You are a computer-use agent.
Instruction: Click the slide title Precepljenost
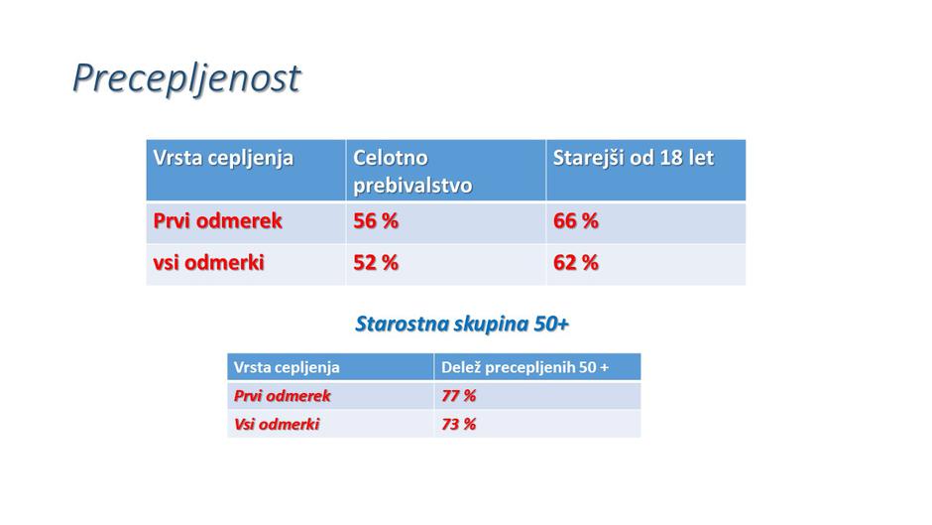click(x=185, y=78)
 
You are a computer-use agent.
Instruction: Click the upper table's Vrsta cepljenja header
click(x=223, y=159)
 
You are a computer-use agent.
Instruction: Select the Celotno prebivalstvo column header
click(x=412, y=172)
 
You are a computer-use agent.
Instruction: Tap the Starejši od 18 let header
click(x=633, y=159)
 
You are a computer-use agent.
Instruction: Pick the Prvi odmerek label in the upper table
click(x=217, y=221)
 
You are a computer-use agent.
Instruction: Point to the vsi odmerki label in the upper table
click(x=208, y=264)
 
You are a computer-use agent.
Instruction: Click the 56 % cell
click(x=376, y=221)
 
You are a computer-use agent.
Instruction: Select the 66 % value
click(x=575, y=221)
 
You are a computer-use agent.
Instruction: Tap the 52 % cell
click(x=376, y=264)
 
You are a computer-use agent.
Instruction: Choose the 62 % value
click(x=575, y=264)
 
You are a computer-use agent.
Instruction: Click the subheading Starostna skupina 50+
click(x=462, y=325)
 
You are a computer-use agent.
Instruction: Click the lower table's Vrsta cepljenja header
click(x=287, y=367)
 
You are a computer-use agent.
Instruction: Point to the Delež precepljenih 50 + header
click(x=524, y=367)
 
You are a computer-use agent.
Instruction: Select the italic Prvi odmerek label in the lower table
click(x=282, y=396)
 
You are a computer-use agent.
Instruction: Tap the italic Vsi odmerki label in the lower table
click(x=277, y=424)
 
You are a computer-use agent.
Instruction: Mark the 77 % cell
click(x=458, y=396)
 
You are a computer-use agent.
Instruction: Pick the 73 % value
click(x=458, y=424)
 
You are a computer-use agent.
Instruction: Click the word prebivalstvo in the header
click(x=412, y=186)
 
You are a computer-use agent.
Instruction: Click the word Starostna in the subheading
click(x=400, y=325)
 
